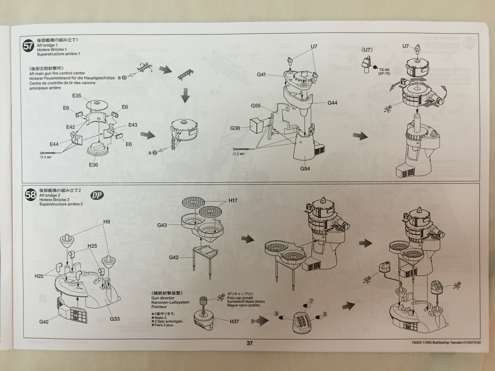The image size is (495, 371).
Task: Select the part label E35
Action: tap(77, 96)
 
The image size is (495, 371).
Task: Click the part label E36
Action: tap(93, 165)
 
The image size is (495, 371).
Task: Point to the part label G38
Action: tap(235, 128)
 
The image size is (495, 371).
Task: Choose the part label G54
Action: tap(305, 168)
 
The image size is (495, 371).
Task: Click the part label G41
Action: tap(262, 75)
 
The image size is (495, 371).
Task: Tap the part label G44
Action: tap(333, 103)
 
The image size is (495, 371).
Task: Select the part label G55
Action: tap(256, 106)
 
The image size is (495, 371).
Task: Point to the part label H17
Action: tap(233, 201)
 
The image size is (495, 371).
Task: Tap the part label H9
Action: tap(107, 221)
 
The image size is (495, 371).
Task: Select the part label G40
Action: tap(44, 322)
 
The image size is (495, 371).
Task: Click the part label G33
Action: tap(115, 318)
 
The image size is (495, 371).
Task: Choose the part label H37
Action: tap(235, 322)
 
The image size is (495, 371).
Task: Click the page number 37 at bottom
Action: tap(250, 343)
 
